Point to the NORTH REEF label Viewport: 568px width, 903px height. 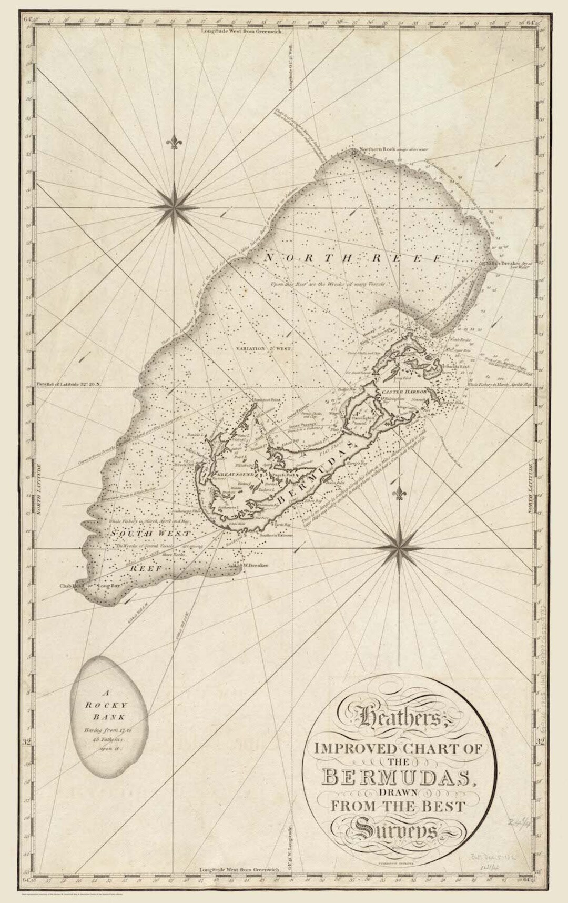pos(353,258)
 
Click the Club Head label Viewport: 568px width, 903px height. pos(71,585)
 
